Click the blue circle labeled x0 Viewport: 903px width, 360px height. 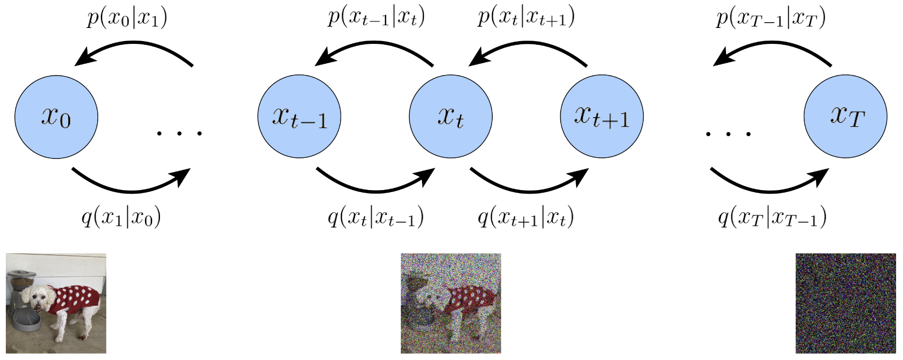pyautogui.click(x=57, y=117)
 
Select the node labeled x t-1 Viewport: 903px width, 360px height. pyautogui.click(x=299, y=117)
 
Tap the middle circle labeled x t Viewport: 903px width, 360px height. pyautogui.click(x=450, y=117)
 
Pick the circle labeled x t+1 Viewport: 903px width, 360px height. pyautogui.click(x=602, y=117)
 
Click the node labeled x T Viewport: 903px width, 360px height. pyautogui.click(x=845, y=117)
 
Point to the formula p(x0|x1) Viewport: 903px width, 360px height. pyautogui.click(x=127, y=18)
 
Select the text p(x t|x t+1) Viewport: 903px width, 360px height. pyautogui.click(x=526, y=18)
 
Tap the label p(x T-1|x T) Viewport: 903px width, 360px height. pyautogui.click(x=771, y=18)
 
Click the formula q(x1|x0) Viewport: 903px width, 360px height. pyautogui.click(x=121, y=217)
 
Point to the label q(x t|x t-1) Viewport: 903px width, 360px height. pyautogui.click(x=375, y=217)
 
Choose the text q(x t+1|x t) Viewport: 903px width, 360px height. pyautogui.click(x=525, y=217)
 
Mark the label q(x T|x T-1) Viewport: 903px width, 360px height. pyautogui.click(x=772, y=217)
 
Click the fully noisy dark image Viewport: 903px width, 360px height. pyautogui.click(x=846, y=303)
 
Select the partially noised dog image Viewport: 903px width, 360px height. pyautogui.click(x=450, y=303)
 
